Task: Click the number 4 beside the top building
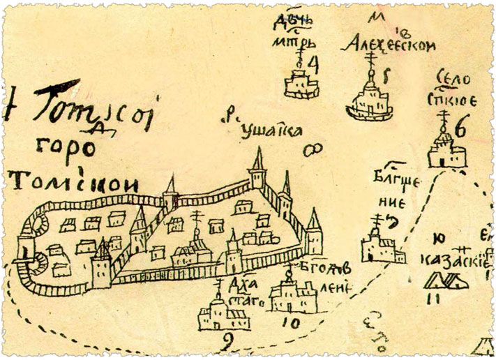pos(313,65)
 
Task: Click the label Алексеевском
pos(391,45)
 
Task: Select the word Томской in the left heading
pos(73,183)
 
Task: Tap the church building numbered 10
pos(292,297)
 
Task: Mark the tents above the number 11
pos(446,280)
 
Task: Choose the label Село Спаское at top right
pos(451,88)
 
